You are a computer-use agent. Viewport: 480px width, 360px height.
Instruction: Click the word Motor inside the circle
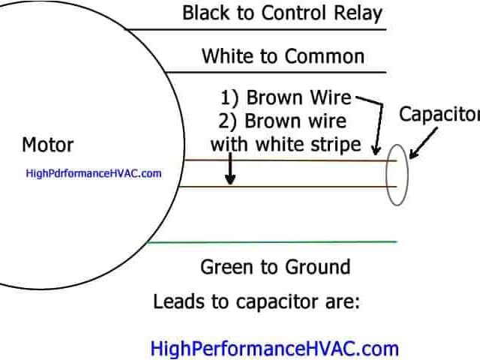(47, 144)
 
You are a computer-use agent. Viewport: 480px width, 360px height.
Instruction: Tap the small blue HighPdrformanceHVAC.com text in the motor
(94, 173)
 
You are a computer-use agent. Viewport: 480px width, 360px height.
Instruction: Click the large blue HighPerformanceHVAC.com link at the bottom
(274, 349)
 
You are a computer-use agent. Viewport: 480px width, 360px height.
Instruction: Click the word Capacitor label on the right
(439, 114)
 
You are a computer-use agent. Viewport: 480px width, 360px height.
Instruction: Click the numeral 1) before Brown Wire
(229, 98)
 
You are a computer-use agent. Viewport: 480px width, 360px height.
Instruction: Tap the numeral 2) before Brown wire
(229, 121)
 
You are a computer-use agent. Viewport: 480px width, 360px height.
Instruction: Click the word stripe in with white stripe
(334, 143)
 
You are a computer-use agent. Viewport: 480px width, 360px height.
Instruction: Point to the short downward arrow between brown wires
(230, 175)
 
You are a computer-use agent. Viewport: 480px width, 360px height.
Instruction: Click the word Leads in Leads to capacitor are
(177, 302)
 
